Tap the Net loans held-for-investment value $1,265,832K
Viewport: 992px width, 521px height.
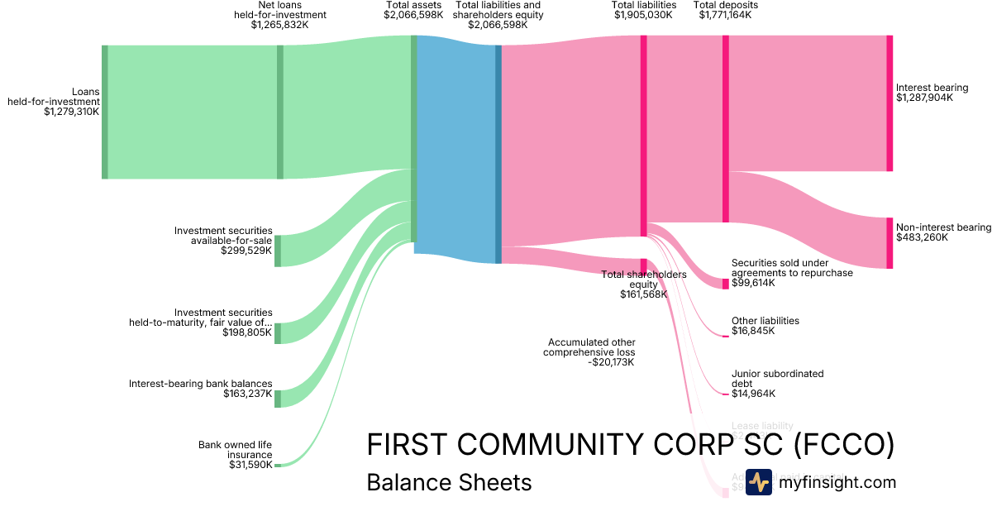click(279, 25)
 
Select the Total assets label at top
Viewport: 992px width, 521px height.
click(413, 5)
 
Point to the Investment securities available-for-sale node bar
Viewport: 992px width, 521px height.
click(278, 251)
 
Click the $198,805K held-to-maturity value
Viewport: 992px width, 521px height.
click(246, 332)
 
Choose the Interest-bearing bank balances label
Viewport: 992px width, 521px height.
click(200, 384)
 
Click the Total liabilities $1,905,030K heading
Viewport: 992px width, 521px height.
click(645, 10)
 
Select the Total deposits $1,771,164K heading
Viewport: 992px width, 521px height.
click(725, 10)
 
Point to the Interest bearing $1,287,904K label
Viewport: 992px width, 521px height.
click(932, 93)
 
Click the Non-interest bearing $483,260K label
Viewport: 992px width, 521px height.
click(943, 232)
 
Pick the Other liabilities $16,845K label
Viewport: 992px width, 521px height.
click(765, 326)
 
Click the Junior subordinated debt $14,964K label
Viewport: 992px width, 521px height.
click(777, 384)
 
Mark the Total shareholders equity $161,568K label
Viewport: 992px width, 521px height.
click(644, 284)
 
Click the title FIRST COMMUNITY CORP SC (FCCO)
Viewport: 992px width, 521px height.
click(630, 445)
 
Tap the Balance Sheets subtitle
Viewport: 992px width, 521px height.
click(449, 482)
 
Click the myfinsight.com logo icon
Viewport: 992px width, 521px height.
click(758, 482)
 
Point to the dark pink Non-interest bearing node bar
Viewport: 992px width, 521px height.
click(889, 243)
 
